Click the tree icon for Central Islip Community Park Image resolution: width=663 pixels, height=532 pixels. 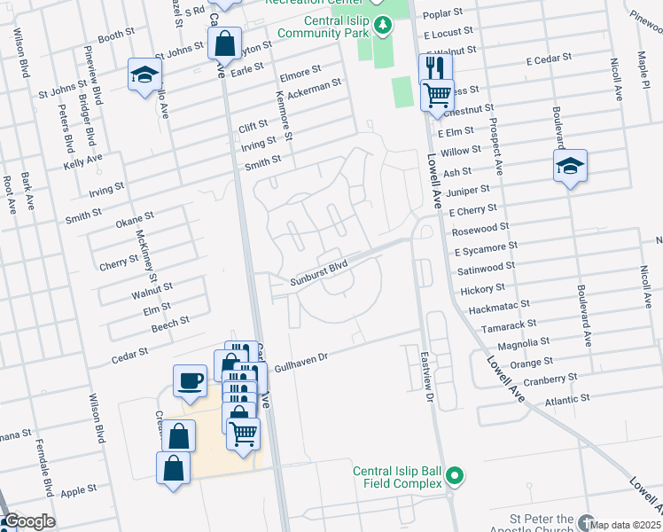click(x=383, y=24)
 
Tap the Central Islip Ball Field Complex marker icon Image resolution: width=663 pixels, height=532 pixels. click(x=455, y=477)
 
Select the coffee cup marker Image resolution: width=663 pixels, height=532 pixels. click(x=190, y=381)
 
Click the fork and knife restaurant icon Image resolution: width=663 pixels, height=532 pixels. click(x=435, y=67)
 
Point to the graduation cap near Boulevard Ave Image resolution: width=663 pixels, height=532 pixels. click(x=571, y=166)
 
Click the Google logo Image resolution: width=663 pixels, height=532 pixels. click(x=28, y=522)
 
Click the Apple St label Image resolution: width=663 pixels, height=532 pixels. click(x=78, y=490)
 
